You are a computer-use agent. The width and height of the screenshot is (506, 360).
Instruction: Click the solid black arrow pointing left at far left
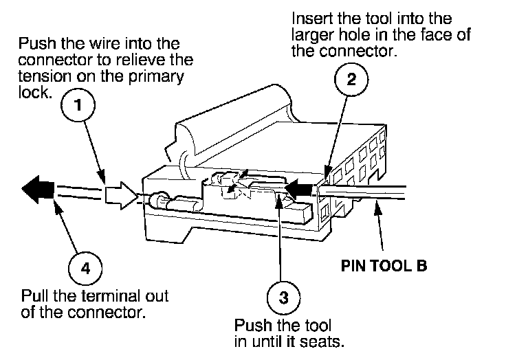point(37,188)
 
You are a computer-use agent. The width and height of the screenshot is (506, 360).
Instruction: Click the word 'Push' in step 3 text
point(250,324)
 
